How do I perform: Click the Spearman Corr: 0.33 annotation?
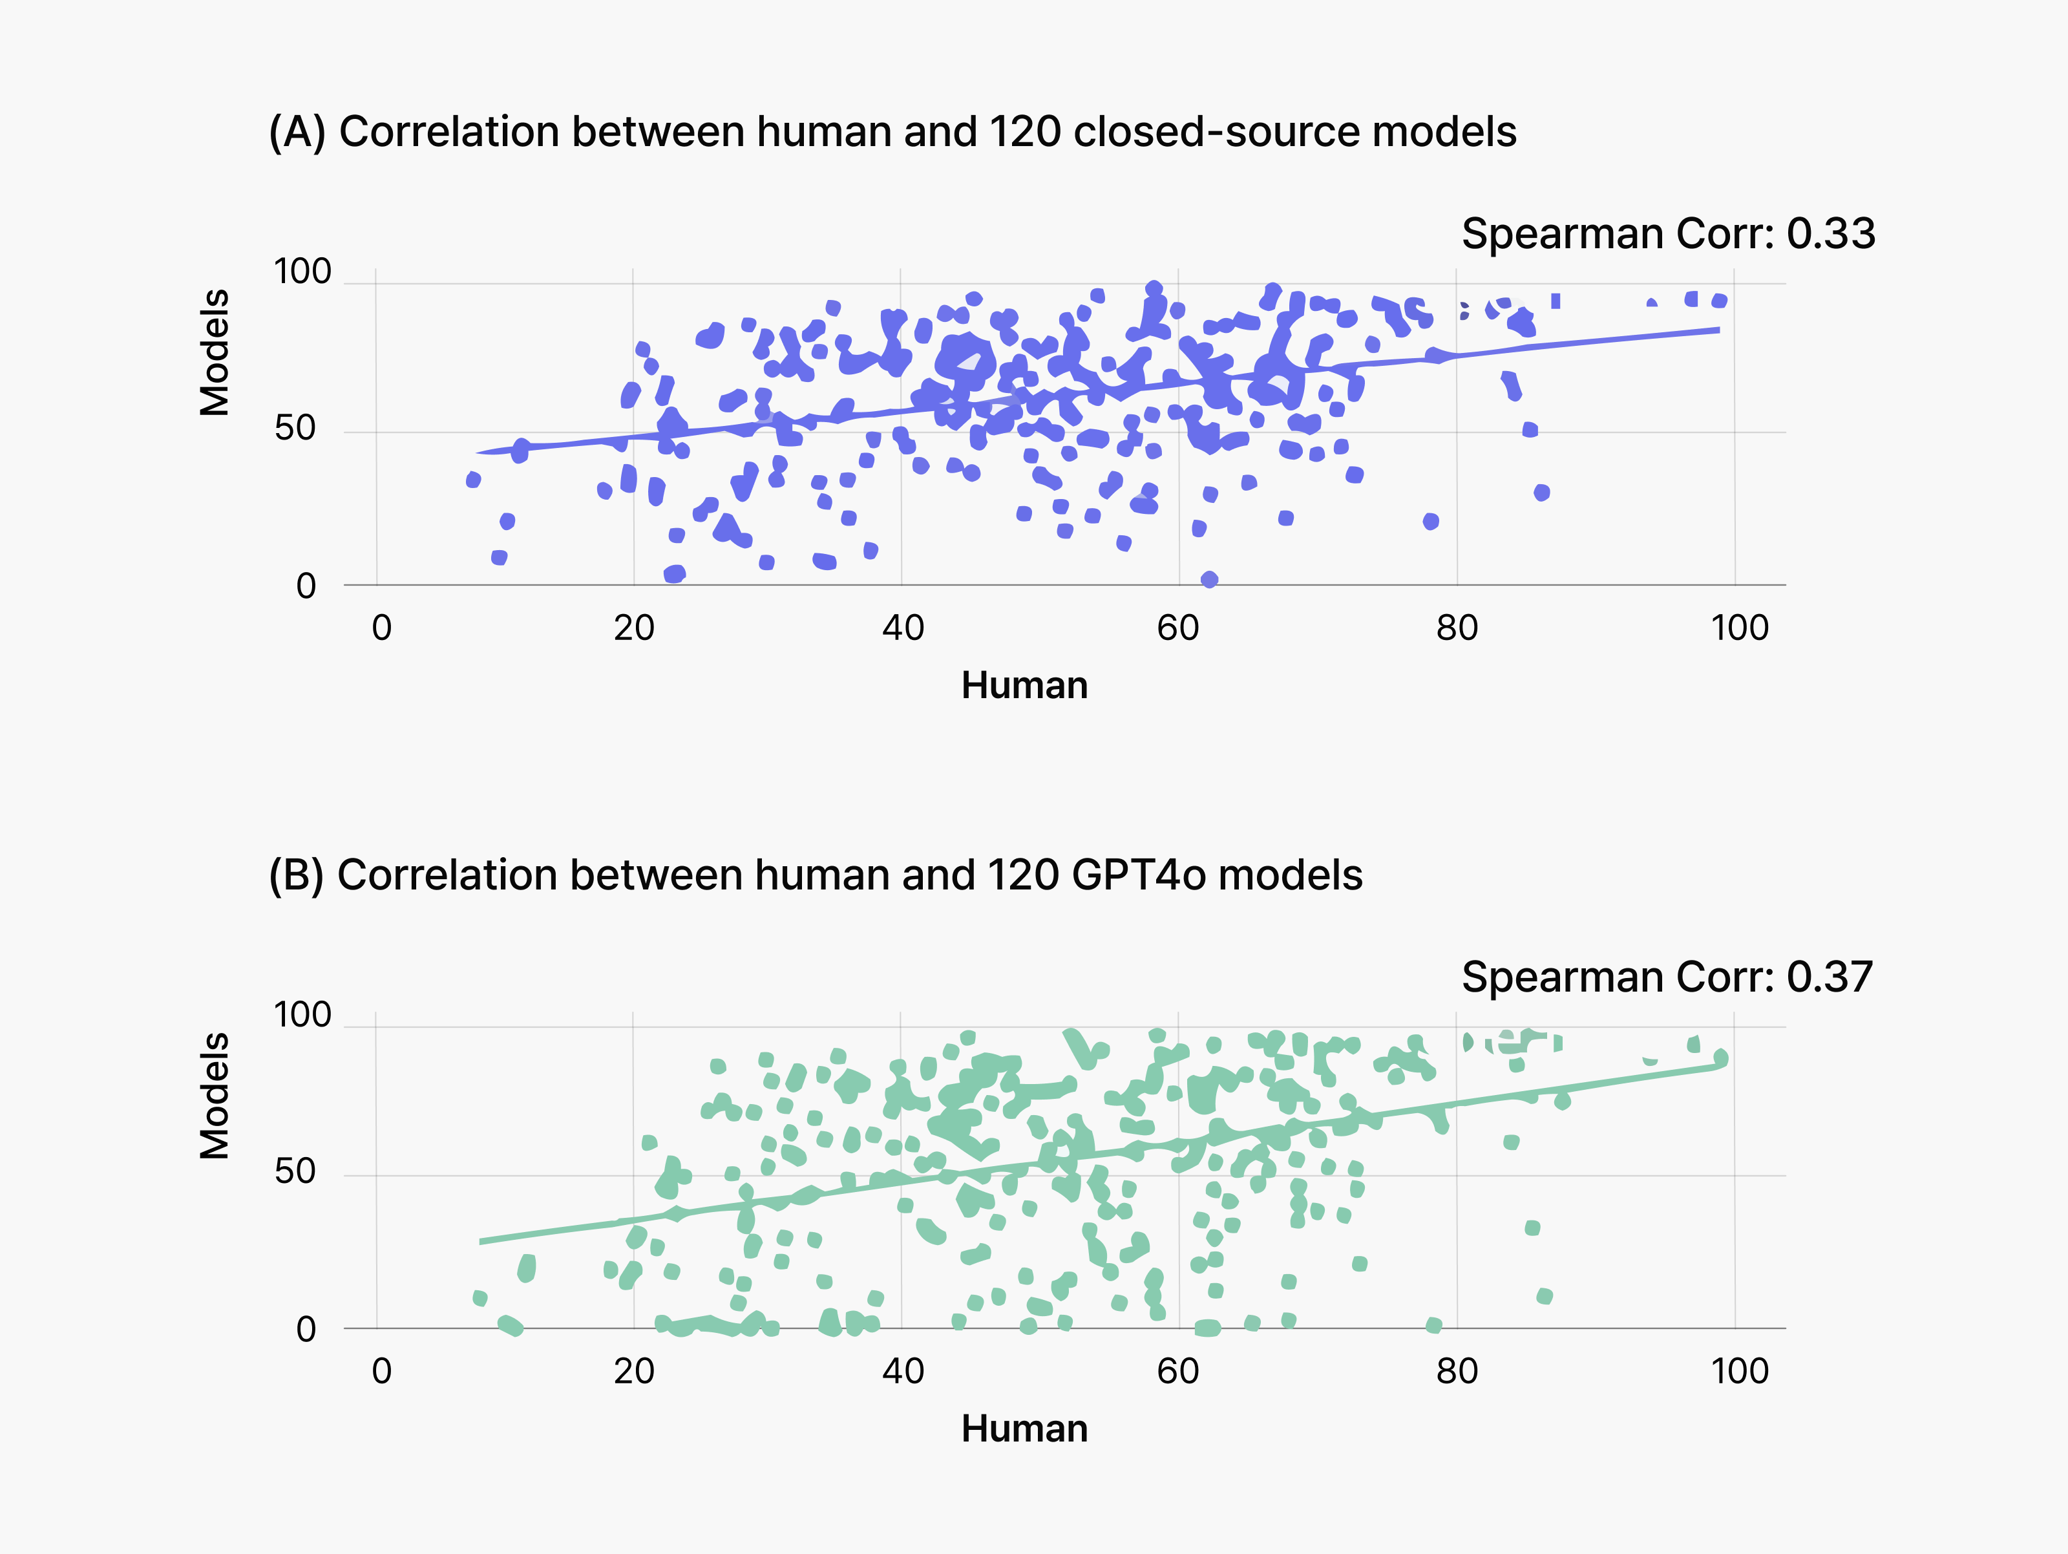[x=1668, y=234]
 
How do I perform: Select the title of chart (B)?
[x=815, y=875]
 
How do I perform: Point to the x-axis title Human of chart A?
[x=1025, y=685]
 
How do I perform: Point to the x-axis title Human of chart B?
[x=1025, y=1429]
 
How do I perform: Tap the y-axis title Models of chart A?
[x=215, y=352]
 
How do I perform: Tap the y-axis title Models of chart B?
[x=215, y=1096]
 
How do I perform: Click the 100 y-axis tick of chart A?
[x=302, y=272]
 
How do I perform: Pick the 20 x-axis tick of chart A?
[x=634, y=628]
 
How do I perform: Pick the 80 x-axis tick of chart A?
[x=1457, y=628]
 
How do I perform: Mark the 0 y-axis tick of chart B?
[x=306, y=1328]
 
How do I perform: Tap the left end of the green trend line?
[x=481, y=1240]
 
